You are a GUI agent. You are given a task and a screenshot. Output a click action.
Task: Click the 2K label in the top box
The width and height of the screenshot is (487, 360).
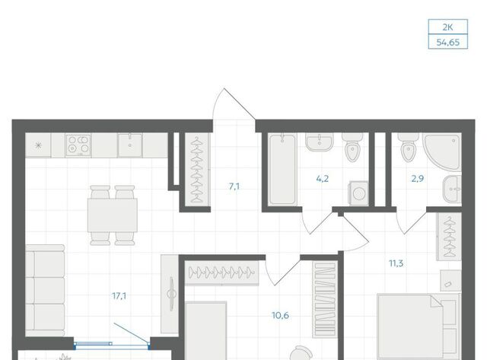click(x=447, y=27)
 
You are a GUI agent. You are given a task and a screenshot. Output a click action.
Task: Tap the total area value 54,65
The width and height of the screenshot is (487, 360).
click(x=448, y=43)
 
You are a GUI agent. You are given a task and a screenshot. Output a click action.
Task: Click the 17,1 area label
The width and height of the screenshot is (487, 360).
click(x=119, y=296)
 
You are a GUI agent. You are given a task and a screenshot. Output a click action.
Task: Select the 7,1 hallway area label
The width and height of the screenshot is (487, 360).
click(x=234, y=186)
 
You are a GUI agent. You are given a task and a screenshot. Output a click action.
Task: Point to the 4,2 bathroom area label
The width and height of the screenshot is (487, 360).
click(x=323, y=179)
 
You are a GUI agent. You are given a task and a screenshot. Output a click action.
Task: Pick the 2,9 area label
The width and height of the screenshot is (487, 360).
click(x=418, y=179)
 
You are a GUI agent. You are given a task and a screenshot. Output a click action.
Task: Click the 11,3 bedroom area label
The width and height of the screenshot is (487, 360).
click(x=396, y=263)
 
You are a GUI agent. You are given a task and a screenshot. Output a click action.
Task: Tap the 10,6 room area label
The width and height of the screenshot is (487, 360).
click(x=281, y=316)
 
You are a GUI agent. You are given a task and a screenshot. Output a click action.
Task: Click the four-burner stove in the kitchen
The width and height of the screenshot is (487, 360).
click(x=78, y=145)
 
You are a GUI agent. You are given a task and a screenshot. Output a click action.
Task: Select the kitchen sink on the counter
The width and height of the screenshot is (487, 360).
click(x=130, y=145)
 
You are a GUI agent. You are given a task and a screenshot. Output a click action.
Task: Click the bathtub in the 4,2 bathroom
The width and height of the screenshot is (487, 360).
click(x=282, y=169)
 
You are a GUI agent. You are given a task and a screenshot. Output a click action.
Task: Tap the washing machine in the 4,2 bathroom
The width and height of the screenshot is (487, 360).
click(x=358, y=193)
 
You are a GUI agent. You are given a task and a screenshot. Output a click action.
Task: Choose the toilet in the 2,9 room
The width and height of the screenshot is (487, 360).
click(x=408, y=148)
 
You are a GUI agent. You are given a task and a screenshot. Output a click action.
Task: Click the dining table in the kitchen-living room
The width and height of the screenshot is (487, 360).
click(x=113, y=215)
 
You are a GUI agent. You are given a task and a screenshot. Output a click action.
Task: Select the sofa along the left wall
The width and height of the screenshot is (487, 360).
click(x=45, y=291)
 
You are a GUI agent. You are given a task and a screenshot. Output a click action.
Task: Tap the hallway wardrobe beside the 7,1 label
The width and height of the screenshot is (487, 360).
click(x=197, y=170)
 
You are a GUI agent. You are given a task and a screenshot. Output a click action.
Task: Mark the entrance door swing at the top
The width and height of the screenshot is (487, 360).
click(x=234, y=104)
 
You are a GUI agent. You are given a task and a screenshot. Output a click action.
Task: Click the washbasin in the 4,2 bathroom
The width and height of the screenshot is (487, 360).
click(x=320, y=142)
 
